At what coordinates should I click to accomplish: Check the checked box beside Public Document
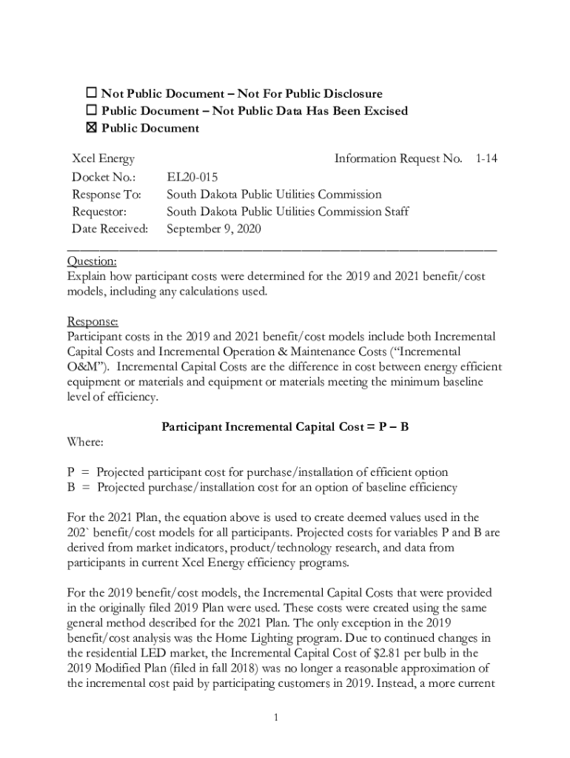(x=92, y=129)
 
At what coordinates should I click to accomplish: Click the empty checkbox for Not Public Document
(x=92, y=94)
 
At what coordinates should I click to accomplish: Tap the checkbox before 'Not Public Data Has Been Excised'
(x=92, y=111)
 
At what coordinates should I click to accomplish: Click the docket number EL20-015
(x=192, y=177)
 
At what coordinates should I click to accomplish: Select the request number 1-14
(x=486, y=159)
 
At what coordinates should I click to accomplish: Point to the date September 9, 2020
(x=214, y=229)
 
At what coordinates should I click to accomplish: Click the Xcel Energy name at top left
(x=103, y=159)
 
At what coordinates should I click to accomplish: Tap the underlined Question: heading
(x=92, y=262)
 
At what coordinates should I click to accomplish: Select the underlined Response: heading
(x=93, y=322)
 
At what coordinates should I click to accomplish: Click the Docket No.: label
(x=104, y=177)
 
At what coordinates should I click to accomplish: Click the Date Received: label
(x=110, y=229)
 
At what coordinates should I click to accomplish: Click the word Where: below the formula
(x=85, y=442)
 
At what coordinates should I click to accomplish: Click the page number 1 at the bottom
(x=275, y=717)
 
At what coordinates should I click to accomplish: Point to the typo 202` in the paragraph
(x=79, y=533)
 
